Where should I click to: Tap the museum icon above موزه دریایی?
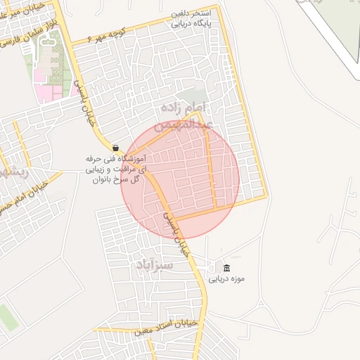[x=226, y=268]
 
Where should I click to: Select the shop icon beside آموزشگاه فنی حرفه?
[x=115, y=148]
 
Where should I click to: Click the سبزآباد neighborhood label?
[x=155, y=265]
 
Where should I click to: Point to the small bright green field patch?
[x=7, y=318]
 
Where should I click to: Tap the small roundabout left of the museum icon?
[x=212, y=267]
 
